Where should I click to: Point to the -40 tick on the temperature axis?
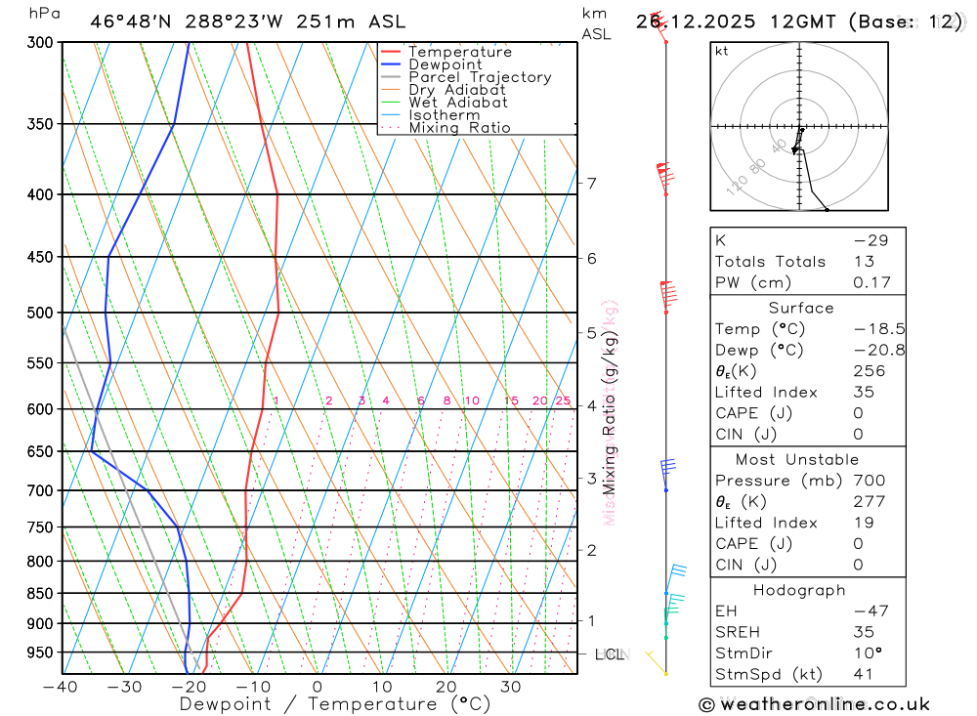point(61,687)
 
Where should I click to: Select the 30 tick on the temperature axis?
point(510,687)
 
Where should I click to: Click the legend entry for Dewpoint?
point(445,64)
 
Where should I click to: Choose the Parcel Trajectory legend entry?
point(480,77)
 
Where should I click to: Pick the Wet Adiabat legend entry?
point(458,103)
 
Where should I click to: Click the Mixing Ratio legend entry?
point(459,128)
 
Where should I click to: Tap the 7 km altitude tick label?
point(591,183)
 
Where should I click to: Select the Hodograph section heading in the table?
point(799,590)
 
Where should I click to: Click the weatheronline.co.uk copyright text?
point(814,704)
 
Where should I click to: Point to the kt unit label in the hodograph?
point(722,51)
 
